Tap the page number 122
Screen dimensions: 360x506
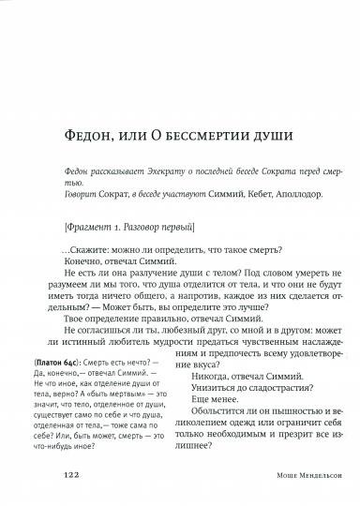click(x=71, y=476)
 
